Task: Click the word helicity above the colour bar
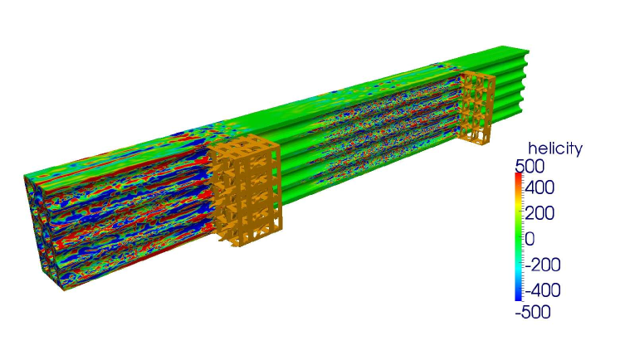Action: pyautogui.click(x=555, y=149)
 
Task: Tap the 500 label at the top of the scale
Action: pyautogui.click(x=530, y=167)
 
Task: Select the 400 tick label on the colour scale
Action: pyautogui.click(x=539, y=187)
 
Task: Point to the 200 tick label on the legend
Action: pyautogui.click(x=539, y=213)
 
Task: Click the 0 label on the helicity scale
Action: pyautogui.click(x=530, y=239)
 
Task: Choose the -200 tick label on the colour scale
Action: pyautogui.click(x=543, y=265)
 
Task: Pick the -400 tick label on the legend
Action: pyautogui.click(x=543, y=290)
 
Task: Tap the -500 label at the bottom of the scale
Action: pyautogui.click(x=533, y=312)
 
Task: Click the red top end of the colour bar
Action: pyautogui.click(x=519, y=177)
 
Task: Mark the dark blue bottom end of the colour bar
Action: pyautogui.click(x=519, y=296)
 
